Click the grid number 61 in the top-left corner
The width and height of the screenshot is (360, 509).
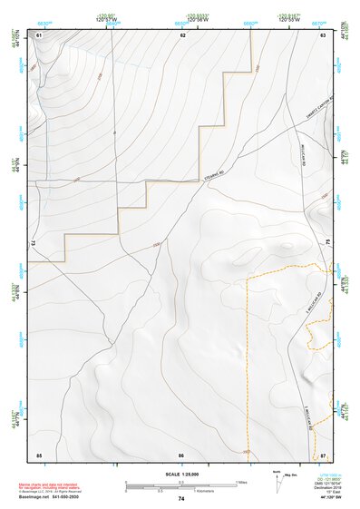pyautogui.click(x=39, y=34)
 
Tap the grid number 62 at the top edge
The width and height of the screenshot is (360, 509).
pyautogui.click(x=182, y=34)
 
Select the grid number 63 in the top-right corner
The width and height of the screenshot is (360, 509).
pyautogui.click(x=323, y=34)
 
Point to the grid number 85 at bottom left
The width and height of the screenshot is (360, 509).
pyautogui.click(x=39, y=454)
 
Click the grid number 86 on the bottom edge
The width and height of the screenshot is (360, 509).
pyautogui.click(x=181, y=454)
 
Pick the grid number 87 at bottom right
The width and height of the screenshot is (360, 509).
pyautogui.click(x=324, y=454)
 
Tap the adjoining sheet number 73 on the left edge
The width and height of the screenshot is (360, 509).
pyautogui.click(x=34, y=244)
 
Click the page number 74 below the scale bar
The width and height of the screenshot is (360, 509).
pyautogui.click(x=181, y=499)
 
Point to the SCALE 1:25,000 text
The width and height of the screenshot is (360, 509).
pyautogui.click(x=181, y=475)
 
